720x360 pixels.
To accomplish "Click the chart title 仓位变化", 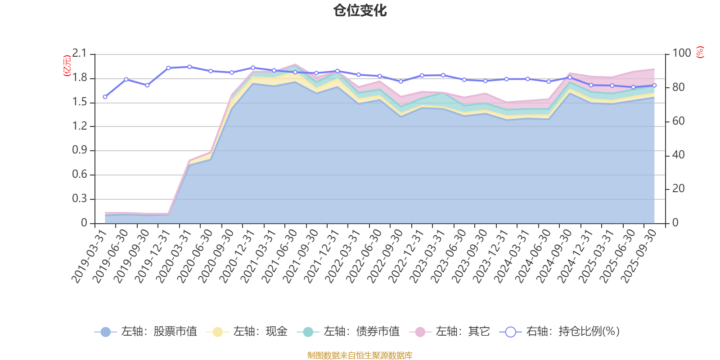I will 360,10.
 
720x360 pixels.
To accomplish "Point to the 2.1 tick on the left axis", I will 80,54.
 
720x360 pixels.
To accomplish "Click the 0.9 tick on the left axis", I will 80,150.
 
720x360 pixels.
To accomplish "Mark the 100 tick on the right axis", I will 681,54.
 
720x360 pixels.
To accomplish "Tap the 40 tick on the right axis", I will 678,155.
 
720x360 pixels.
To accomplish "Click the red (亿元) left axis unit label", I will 67,66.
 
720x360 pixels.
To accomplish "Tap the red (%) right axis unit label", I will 700,52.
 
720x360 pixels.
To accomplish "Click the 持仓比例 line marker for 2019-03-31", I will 105,97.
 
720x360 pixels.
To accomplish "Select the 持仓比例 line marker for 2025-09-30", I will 654,85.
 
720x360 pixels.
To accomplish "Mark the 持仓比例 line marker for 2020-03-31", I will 189,67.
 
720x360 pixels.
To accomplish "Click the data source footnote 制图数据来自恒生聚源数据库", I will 360,355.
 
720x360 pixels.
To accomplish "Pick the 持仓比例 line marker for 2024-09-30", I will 570,77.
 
